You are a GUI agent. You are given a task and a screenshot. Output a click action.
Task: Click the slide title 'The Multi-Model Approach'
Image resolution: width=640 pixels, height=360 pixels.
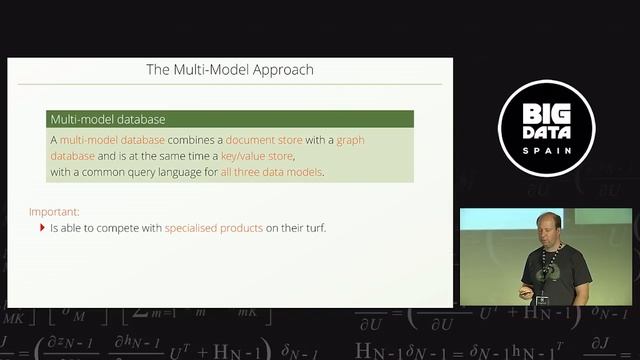(x=230, y=70)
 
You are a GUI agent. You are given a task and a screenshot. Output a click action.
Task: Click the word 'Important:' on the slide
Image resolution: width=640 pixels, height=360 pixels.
(x=54, y=212)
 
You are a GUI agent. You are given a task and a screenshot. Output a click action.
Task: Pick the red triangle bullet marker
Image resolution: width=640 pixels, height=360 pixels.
(x=42, y=228)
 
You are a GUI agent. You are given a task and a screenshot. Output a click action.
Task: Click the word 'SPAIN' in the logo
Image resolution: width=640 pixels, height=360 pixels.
(x=546, y=151)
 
